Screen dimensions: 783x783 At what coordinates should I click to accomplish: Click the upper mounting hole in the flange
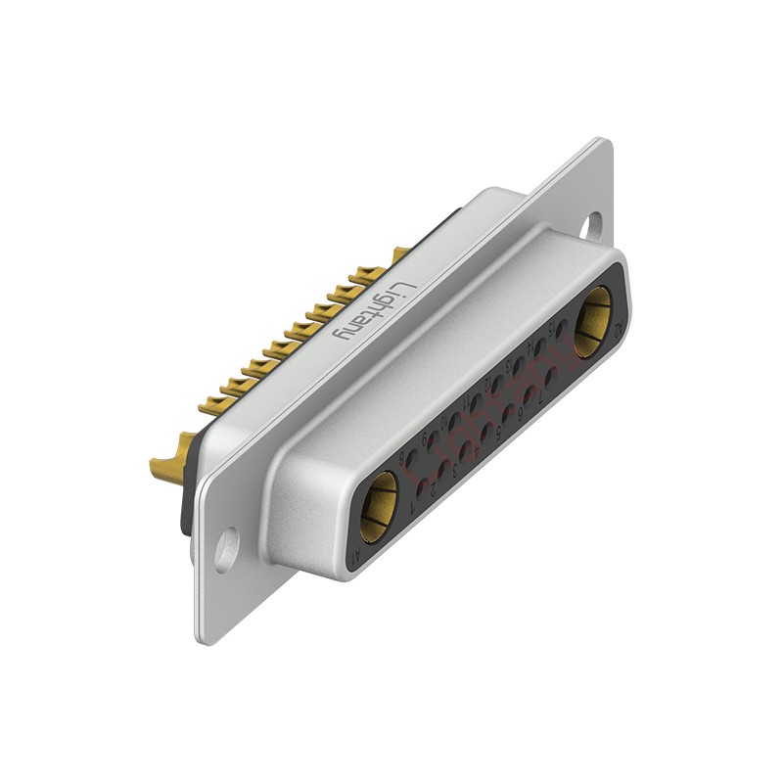[592, 226]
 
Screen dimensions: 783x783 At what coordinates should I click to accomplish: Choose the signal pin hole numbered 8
[413, 456]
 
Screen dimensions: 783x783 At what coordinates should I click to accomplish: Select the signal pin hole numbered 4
[487, 431]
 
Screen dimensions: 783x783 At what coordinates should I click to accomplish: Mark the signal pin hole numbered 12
[497, 385]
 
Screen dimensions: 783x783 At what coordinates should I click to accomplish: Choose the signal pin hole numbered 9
[434, 439]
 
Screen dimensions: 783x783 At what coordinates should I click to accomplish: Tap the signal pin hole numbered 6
[530, 394]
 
